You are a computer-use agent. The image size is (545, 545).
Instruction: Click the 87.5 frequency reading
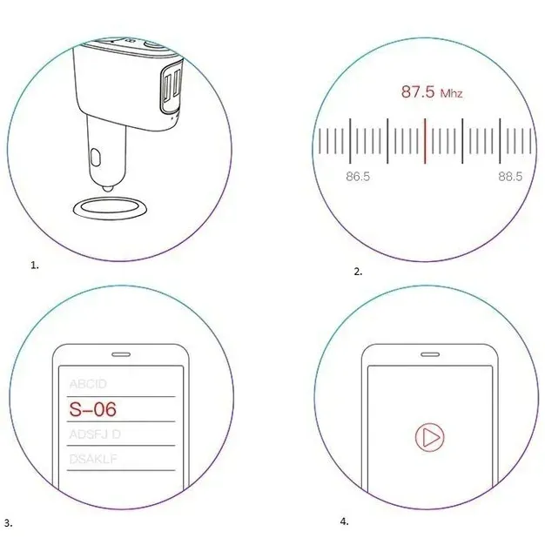[417, 91]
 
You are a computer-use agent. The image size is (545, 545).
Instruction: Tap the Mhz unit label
[451, 93]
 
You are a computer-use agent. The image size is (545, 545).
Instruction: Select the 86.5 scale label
[357, 177]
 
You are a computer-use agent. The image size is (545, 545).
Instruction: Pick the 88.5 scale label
[510, 177]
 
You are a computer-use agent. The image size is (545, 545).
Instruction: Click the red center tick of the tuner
[425, 138]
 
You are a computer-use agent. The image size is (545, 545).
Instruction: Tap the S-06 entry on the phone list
[92, 407]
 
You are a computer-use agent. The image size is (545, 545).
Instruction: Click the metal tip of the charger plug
[105, 185]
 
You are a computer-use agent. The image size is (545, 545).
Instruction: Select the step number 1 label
[35, 266]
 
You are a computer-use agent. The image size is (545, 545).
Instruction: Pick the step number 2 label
[358, 272]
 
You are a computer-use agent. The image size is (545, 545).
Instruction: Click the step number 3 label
[8, 523]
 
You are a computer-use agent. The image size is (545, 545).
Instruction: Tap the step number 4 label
[345, 521]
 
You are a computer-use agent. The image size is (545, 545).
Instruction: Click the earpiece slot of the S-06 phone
[119, 354]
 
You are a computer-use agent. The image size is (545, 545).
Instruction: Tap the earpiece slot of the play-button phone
[427, 354]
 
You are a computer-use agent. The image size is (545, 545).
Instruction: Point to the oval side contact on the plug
[96, 158]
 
